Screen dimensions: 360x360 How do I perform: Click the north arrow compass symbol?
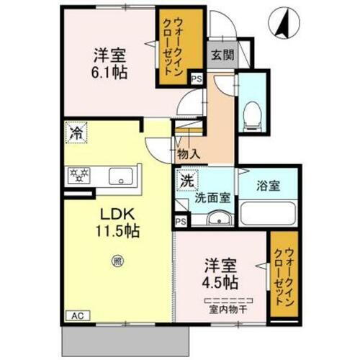(283, 24)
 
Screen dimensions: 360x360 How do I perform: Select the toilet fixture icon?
(251, 111)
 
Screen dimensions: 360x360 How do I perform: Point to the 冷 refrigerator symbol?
(75, 132)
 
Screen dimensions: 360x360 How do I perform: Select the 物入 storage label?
(189, 153)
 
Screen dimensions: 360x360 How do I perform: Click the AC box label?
(76, 315)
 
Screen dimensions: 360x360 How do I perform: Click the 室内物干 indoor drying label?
(228, 310)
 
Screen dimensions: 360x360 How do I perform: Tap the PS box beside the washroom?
(182, 222)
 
